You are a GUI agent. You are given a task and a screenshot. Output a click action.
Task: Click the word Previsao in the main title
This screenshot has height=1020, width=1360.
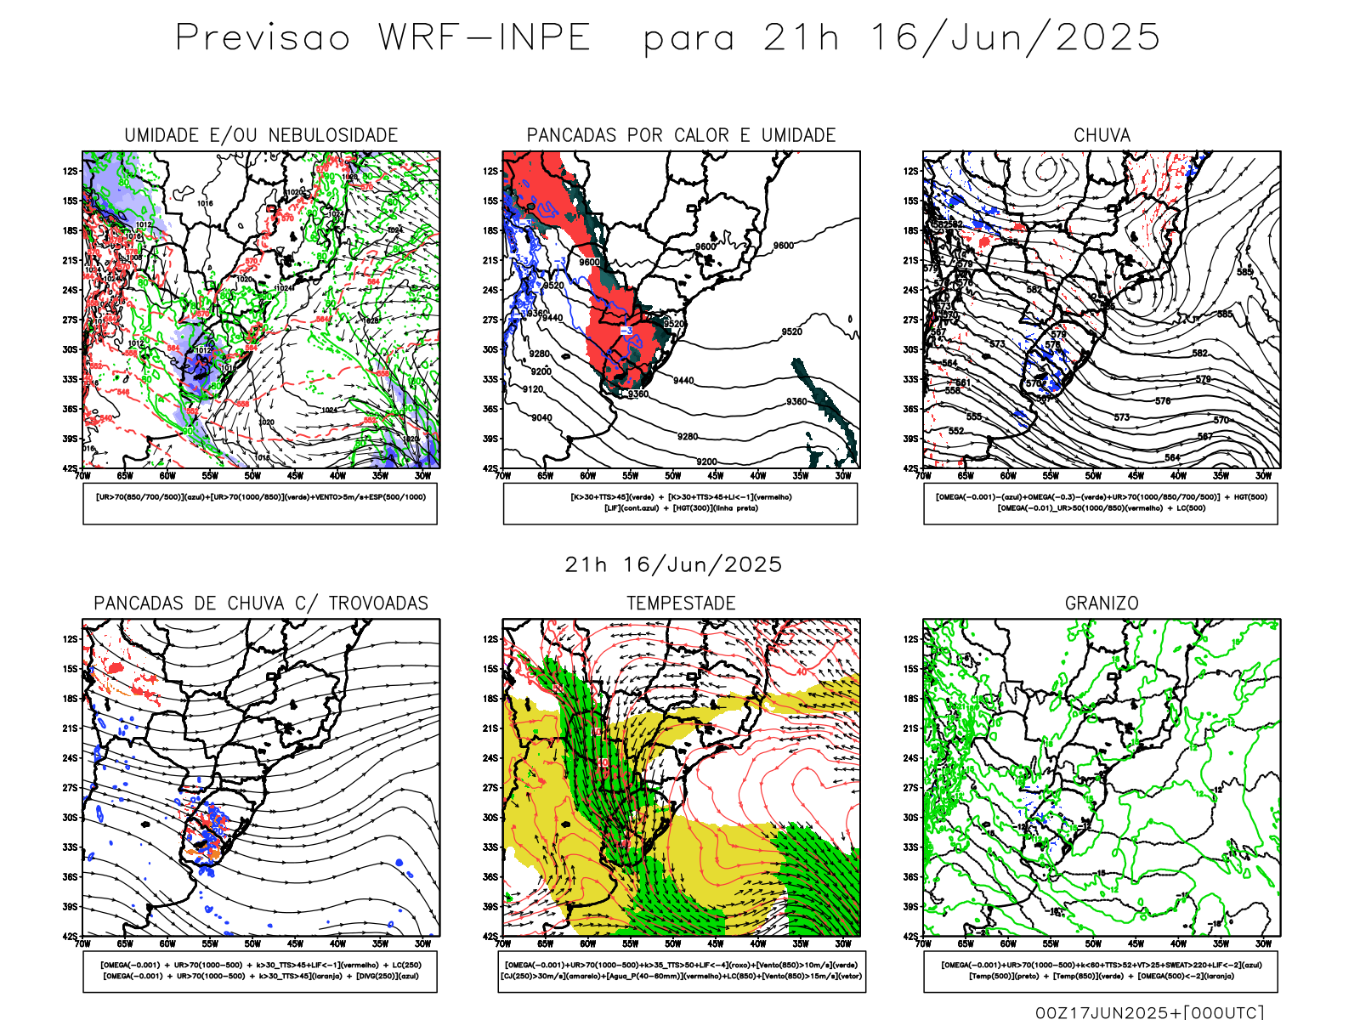coord(263,38)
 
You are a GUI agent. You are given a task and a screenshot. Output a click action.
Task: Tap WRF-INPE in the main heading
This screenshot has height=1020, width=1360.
coord(484,38)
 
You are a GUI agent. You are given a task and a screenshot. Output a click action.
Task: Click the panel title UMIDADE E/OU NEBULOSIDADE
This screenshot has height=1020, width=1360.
coord(261,135)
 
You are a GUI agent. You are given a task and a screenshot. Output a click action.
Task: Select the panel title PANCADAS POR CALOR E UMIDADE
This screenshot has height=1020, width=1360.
coord(681,135)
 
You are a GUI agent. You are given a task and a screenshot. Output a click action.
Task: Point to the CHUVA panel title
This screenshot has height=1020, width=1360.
coord(1102,135)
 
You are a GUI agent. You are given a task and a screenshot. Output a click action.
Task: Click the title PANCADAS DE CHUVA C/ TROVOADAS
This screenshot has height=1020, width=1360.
coord(261,603)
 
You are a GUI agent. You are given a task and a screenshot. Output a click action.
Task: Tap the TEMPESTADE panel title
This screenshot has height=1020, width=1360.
coord(681,603)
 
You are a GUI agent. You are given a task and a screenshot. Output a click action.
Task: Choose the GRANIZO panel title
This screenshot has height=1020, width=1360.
coord(1102,603)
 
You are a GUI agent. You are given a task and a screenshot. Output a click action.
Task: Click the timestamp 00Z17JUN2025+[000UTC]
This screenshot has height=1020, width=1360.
coord(1149,1011)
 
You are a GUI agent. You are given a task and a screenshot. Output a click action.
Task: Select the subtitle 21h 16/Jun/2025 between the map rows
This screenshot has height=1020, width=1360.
coord(673,564)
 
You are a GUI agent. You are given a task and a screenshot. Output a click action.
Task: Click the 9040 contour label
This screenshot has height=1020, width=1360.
coord(541,417)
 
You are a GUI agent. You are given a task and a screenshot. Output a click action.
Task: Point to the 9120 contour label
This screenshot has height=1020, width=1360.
coord(533,389)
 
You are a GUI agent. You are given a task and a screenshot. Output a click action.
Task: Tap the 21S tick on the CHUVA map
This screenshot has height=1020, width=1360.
coord(911,260)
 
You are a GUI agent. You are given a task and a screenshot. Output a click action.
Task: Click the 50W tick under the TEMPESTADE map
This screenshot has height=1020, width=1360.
coord(672,943)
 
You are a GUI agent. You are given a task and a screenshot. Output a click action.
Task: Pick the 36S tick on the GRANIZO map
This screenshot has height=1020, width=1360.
coord(911,877)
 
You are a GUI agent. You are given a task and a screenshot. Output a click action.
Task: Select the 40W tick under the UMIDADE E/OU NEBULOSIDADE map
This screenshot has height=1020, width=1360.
coord(337,476)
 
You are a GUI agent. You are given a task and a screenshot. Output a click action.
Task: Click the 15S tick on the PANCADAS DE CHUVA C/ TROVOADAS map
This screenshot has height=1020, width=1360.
coord(70,669)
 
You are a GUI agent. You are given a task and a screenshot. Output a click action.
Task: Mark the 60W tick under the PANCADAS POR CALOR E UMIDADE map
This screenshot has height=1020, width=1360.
coord(587,476)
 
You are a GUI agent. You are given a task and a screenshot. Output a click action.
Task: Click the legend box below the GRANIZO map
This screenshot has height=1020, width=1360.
coord(1101,971)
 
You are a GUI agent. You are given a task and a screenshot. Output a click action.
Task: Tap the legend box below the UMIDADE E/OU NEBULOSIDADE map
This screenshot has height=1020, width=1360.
coord(260,503)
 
